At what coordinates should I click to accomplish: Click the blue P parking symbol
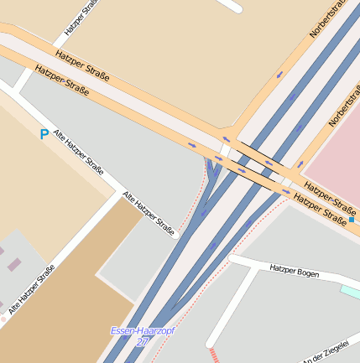pos(44,133)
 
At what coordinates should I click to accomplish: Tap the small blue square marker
pos(352,219)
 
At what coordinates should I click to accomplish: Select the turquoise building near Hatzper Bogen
pos(351,291)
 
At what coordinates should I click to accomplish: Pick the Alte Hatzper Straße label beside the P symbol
pos(78,152)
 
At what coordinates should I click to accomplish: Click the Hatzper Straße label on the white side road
pos(76,23)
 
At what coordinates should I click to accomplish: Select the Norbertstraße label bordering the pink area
pos(343,109)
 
